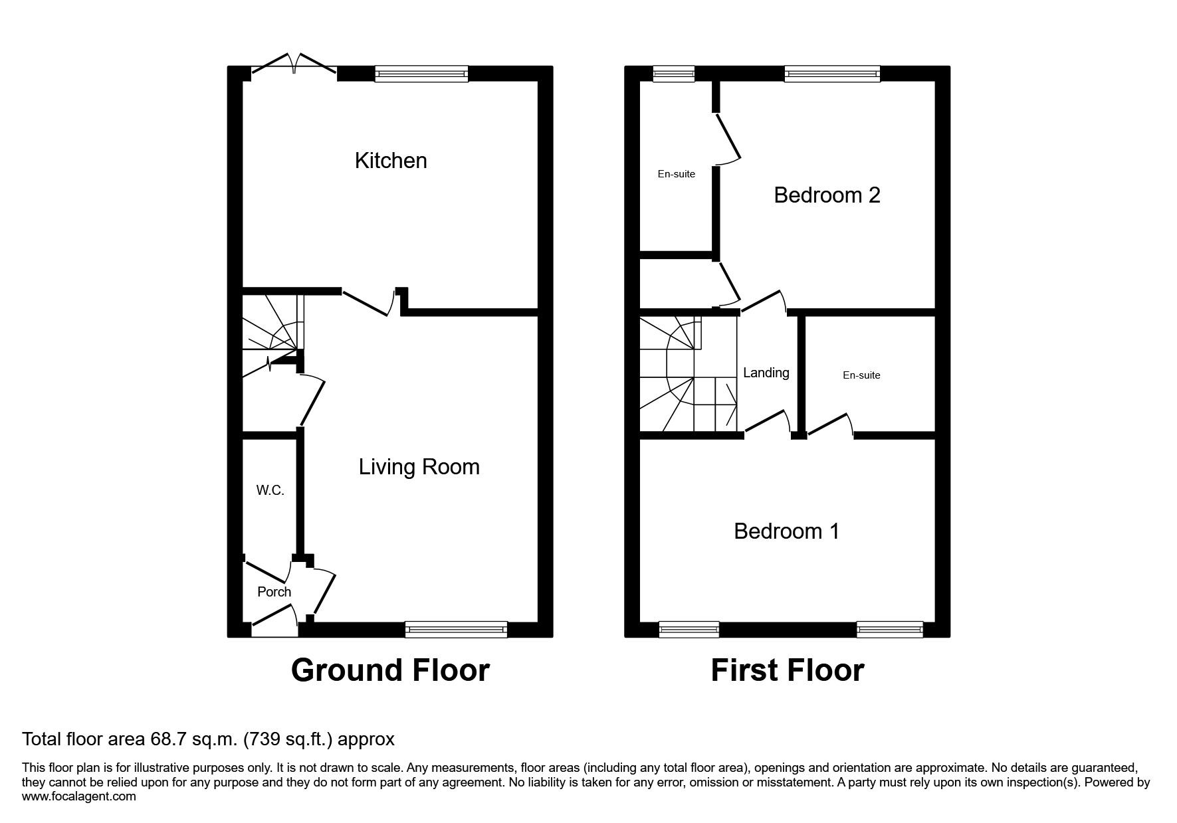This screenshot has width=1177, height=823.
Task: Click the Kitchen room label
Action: pyautogui.click(x=391, y=161)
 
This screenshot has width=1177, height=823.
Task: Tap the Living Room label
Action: pyautogui.click(x=419, y=467)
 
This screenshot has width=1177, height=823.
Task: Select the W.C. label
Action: pyautogui.click(x=270, y=491)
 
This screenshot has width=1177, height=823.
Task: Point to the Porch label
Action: pyautogui.click(x=274, y=592)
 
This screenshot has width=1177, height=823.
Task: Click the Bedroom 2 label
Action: pyautogui.click(x=827, y=195)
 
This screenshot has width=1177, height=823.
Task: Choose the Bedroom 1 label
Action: pyautogui.click(x=786, y=531)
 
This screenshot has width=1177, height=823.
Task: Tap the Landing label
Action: pyautogui.click(x=766, y=373)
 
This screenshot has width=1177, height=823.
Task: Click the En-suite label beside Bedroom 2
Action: pyautogui.click(x=676, y=174)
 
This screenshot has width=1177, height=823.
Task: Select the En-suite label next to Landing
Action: pyautogui.click(x=861, y=375)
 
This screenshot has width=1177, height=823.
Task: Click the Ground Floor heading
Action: pyautogui.click(x=390, y=670)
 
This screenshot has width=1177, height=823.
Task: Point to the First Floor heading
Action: pyautogui.click(x=787, y=670)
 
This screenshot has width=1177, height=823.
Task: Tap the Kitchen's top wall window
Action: pyautogui.click(x=421, y=73)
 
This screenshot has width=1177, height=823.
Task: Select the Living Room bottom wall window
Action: pyautogui.click(x=456, y=629)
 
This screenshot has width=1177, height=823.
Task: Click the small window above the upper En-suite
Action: pyautogui.click(x=673, y=73)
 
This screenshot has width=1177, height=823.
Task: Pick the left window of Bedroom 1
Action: pyautogui.click(x=689, y=629)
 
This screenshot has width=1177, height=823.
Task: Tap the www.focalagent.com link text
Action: pyautogui.click(x=79, y=796)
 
